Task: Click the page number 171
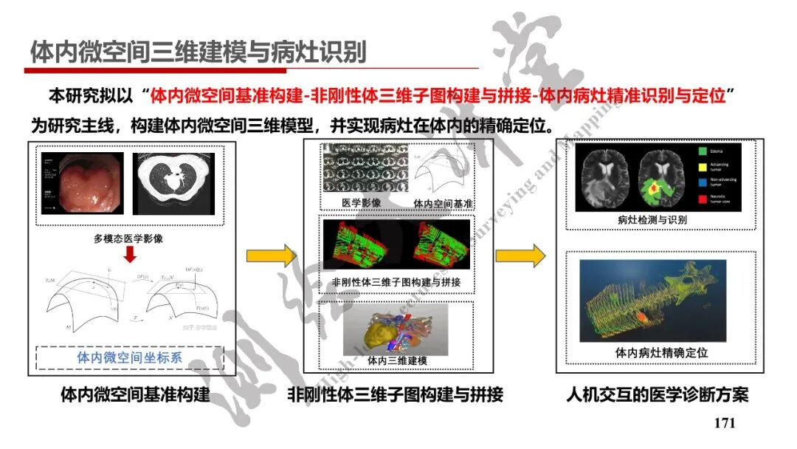point(725,423)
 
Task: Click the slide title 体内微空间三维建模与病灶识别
point(198,52)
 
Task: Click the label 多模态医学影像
point(130,239)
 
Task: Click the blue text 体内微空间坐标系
point(130,357)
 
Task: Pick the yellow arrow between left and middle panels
point(270,256)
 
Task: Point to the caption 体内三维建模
point(397,361)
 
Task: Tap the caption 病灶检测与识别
point(652,219)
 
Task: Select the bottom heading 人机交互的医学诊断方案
point(657,394)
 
